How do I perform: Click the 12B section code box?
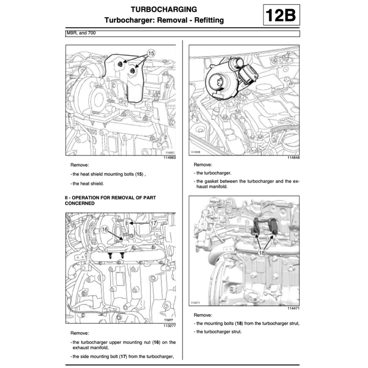[281, 15]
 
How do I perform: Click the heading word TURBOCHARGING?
[164, 9]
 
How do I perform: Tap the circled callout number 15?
[151, 53]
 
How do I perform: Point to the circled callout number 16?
[105, 229]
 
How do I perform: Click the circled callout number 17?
[153, 223]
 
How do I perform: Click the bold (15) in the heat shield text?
[139, 174]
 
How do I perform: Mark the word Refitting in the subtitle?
[209, 20]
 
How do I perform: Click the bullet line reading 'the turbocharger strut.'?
[219, 332]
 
